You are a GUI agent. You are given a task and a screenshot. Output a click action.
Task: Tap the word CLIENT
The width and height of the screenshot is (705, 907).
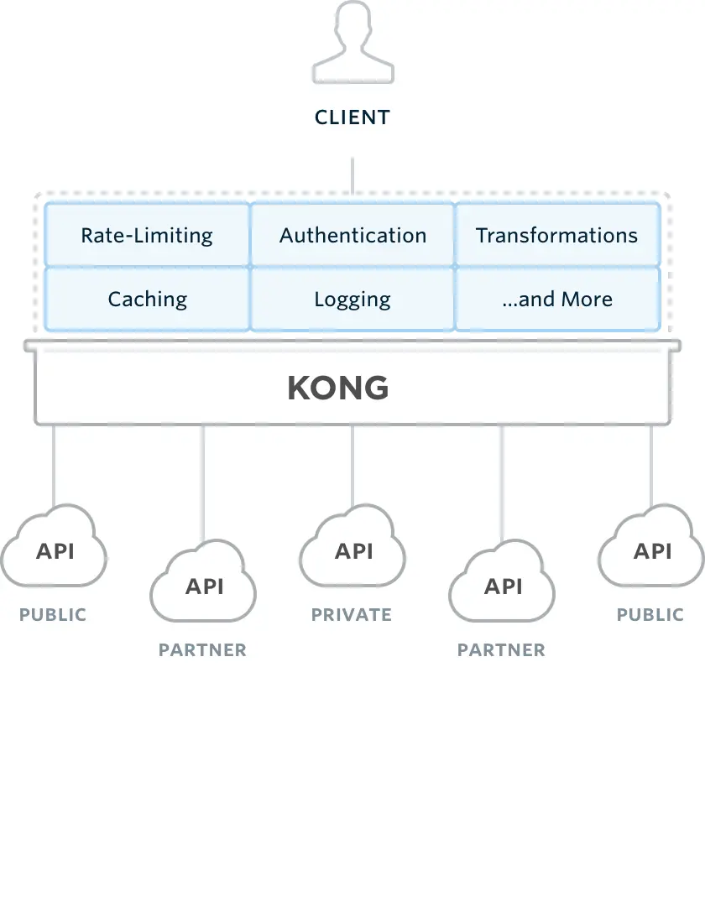352,117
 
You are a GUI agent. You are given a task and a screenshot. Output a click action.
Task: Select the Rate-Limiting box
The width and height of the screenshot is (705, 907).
147,235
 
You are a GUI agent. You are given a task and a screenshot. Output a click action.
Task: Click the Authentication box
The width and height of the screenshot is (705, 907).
352,235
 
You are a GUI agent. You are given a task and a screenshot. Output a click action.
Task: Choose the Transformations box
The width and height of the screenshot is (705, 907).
557,235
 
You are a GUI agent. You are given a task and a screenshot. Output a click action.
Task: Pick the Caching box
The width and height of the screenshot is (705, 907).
147,300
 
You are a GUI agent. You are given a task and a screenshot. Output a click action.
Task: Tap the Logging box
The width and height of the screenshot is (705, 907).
352,300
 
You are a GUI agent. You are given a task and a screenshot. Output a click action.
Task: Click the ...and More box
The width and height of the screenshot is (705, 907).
557,300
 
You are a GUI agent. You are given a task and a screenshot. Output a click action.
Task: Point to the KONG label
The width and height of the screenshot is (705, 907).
338,388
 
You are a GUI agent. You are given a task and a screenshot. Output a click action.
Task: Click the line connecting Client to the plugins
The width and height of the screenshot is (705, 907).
352,176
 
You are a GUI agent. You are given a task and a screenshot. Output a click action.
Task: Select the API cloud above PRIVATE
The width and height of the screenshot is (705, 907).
352,550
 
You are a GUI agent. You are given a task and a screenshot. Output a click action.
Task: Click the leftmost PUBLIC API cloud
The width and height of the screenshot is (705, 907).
54,550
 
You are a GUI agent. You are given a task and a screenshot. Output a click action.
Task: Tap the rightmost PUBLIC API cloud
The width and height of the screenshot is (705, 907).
651,550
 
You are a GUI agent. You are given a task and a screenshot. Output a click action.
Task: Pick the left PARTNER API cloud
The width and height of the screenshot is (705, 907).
203,585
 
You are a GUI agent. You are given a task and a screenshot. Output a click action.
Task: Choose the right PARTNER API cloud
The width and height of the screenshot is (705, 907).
502,585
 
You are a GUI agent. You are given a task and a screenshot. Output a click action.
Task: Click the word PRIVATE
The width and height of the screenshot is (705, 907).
352,615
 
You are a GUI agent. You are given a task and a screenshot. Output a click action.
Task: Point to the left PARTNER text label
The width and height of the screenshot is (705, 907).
202,650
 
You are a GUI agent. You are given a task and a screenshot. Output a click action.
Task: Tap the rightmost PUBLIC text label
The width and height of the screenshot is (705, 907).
650,615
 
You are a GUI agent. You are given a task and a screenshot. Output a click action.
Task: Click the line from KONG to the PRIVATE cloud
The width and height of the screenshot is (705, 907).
352,466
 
